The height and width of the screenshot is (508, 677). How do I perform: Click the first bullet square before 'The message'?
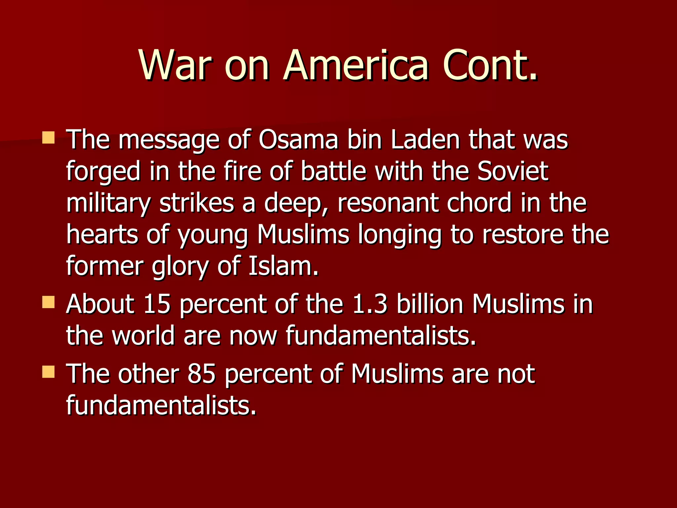click(49, 138)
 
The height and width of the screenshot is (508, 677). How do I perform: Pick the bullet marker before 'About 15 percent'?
click(49, 302)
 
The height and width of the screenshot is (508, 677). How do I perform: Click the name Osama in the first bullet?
click(299, 139)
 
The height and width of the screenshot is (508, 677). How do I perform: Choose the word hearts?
click(102, 234)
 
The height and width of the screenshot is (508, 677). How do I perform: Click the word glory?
click(180, 267)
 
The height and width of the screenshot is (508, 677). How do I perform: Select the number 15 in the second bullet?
click(157, 304)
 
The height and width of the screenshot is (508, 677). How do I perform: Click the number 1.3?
click(370, 304)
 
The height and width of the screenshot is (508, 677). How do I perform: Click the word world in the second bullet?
click(143, 336)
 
